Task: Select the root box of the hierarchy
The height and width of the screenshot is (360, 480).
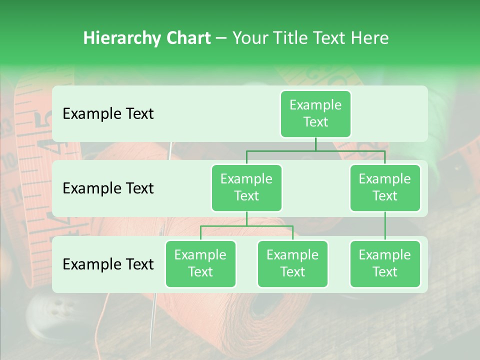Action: tap(315, 113)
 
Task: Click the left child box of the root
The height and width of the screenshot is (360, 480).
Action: tap(246, 187)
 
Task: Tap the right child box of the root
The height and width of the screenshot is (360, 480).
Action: tap(385, 187)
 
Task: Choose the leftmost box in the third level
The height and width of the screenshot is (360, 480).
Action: tap(200, 263)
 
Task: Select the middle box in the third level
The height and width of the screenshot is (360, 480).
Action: tap(292, 263)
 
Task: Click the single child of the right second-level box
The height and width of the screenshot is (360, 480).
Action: tap(385, 263)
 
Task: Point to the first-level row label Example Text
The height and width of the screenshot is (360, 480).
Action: tap(108, 113)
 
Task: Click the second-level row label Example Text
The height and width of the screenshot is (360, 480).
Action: tap(108, 188)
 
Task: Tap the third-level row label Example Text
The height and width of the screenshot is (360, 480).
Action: tap(108, 264)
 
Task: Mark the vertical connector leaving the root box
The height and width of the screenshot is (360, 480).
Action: tap(315, 144)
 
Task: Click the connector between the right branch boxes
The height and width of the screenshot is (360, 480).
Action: tap(385, 225)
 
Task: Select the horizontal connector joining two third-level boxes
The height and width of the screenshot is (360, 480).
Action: tap(246, 226)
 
